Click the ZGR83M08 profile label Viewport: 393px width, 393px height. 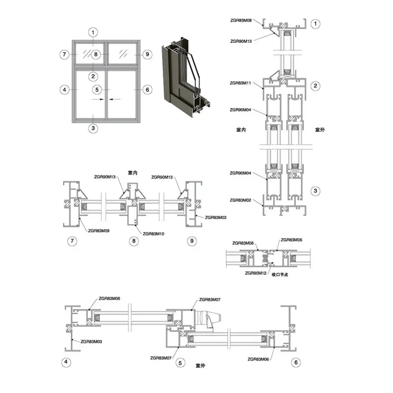tap(241, 20)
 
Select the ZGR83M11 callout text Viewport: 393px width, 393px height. tap(240, 83)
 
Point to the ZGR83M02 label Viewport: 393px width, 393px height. tap(240, 200)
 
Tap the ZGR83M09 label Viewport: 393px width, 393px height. tap(99, 230)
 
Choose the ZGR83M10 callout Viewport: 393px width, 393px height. tap(153, 234)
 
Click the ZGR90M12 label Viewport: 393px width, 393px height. tap(255, 273)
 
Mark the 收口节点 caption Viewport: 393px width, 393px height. tap(280, 275)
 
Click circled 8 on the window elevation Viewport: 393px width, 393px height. tap(96, 54)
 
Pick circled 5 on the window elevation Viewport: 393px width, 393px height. tap(97, 89)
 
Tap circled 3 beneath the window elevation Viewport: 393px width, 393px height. tap(93, 128)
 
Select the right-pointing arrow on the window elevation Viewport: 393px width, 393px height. tap(98, 99)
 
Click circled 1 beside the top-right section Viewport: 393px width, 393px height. tap(315, 24)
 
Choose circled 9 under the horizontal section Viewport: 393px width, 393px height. tap(192, 241)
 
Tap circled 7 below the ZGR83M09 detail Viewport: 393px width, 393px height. tap(72, 241)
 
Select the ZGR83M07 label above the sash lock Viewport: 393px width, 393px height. tap(210, 300)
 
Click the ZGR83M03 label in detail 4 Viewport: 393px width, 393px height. tap(91, 341)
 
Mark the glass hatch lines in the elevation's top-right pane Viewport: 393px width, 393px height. tap(123, 54)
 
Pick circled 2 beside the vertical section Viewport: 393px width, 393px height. tap(315, 86)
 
